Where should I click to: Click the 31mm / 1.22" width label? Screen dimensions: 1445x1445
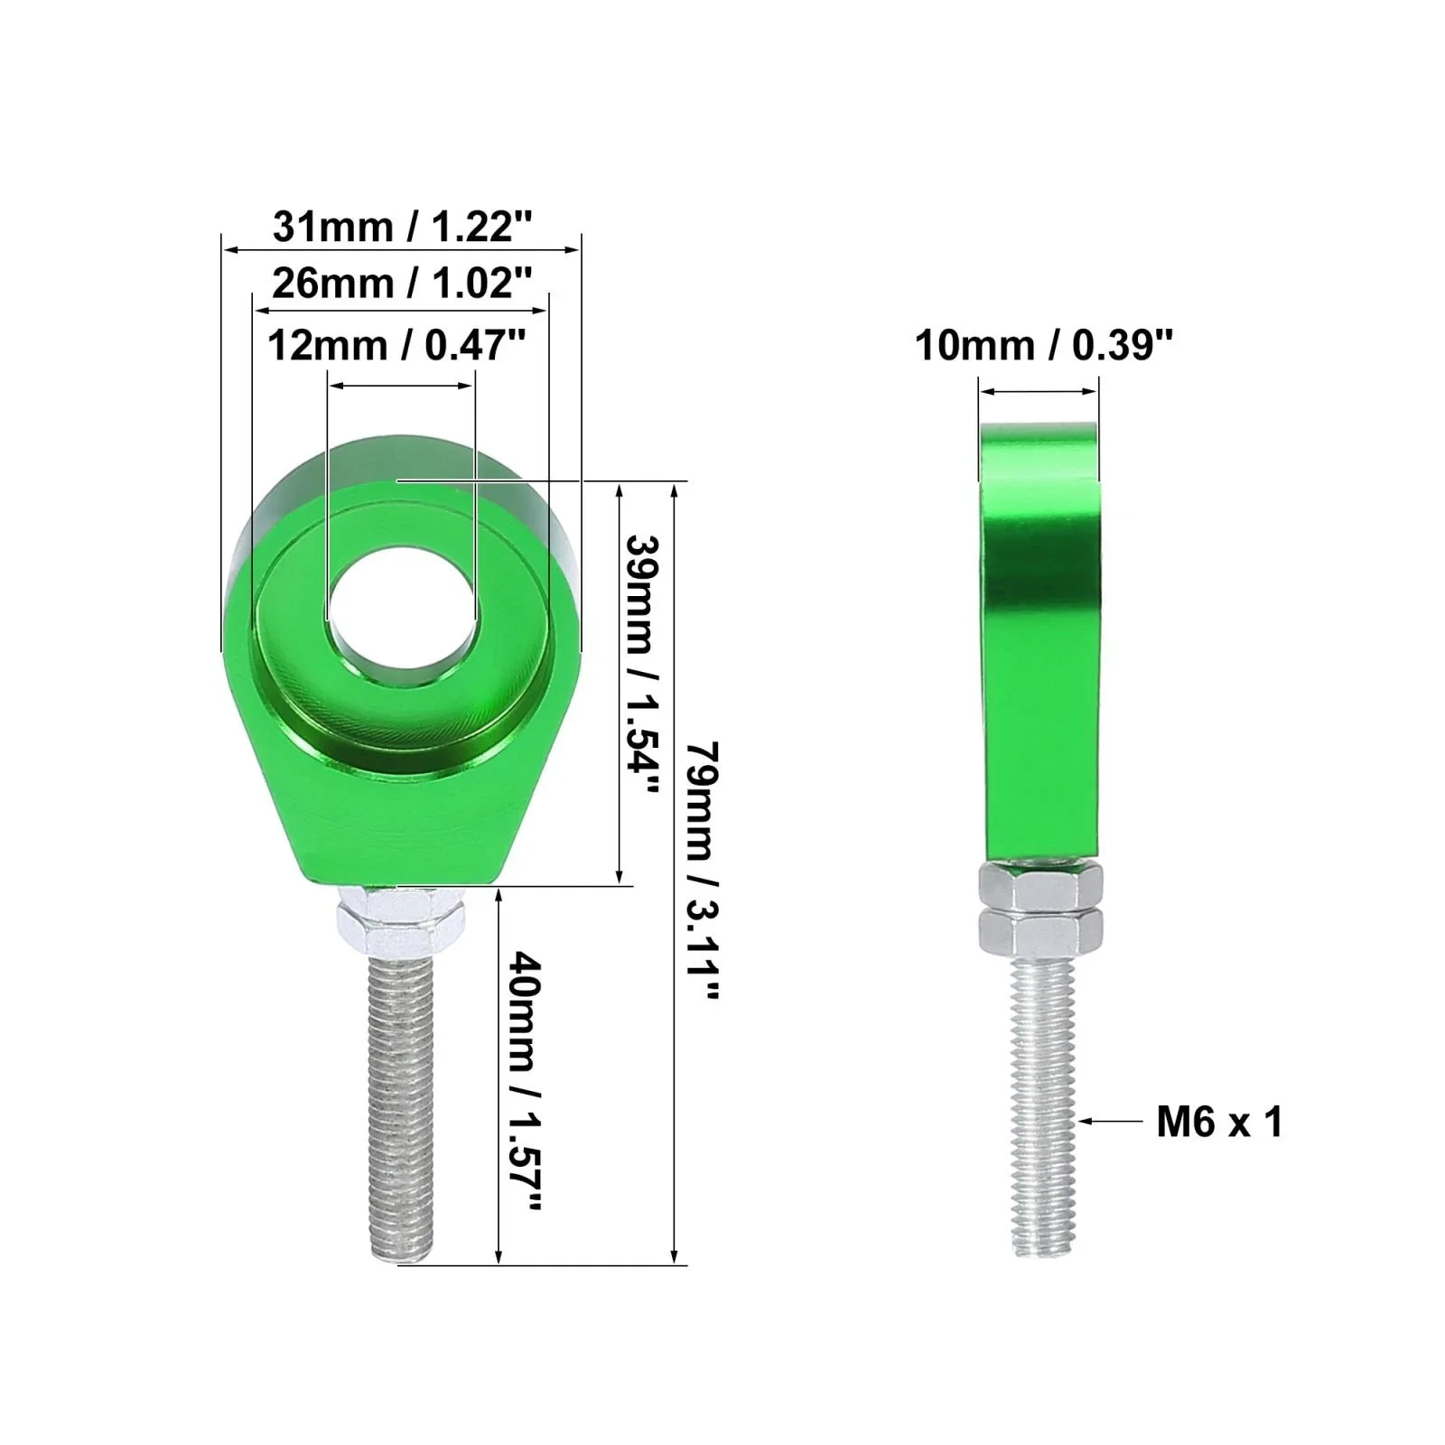pyautogui.click(x=403, y=226)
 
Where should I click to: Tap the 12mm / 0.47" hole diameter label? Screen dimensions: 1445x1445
pyautogui.click(x=396, y=345)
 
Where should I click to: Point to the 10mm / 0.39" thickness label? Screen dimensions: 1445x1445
pyautogui.click(x=1044, y=345)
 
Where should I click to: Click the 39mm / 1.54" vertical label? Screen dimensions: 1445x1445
pyautogui.click(x=645, y=665)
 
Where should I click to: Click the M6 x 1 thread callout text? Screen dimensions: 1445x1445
pyautogui.click(x=1219, y=1123)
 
